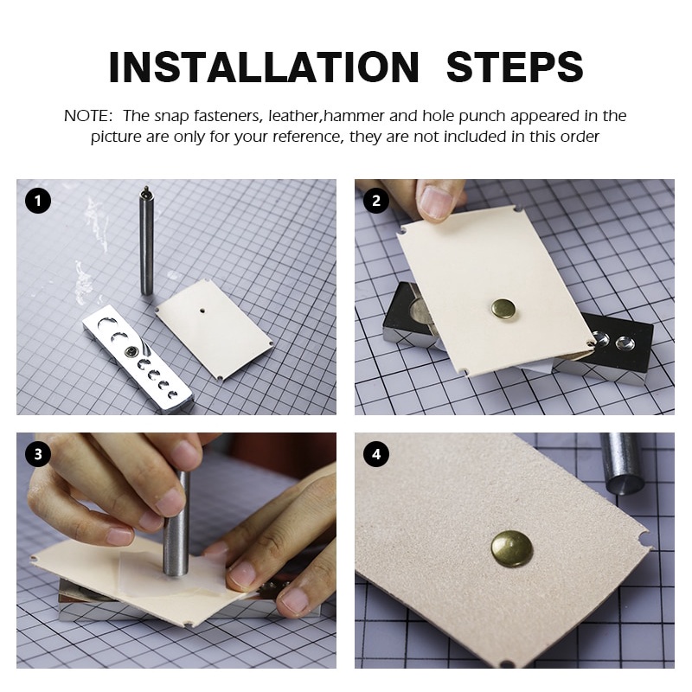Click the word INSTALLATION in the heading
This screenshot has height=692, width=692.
click(264, 67)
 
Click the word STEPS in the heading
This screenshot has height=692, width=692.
click(515, 67)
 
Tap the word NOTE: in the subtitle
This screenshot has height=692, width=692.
click(89, 116)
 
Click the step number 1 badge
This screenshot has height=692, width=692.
click(38, 201)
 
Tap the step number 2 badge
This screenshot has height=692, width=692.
click(376, 201)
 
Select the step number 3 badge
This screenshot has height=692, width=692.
click(38, 454)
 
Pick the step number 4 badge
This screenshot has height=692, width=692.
click(376, 454)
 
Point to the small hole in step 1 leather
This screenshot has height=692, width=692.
click(202, 311)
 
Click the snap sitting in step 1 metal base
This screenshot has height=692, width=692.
click(131, 351)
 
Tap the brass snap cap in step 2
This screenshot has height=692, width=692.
click(504, 309)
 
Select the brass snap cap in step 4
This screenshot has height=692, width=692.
click(512, 548)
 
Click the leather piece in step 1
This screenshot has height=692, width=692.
click(215, 329)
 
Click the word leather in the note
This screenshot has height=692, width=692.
click(293, 116)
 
